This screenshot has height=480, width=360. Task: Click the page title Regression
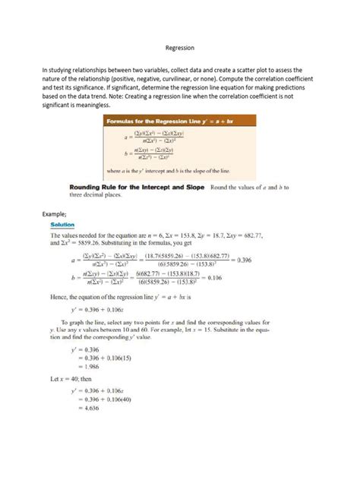click(x=179, y=48)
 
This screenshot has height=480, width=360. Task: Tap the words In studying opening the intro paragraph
click(x=59, y=69)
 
